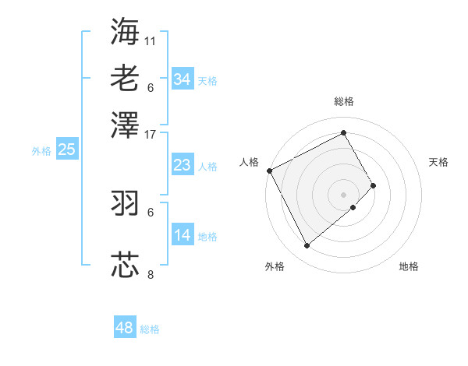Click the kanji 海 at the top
tap(125, 31)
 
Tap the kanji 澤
tap(125, 124)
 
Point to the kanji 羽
tap(125, 202)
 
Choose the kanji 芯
tap(125, 264)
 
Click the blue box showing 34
tap(182, 79)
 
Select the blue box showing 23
tap(182, 165)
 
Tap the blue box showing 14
tap(182, 235)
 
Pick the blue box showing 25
tap(66, 150)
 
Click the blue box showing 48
tap(125, 328)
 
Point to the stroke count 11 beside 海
tap(151, 40)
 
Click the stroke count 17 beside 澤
tap(151, 133)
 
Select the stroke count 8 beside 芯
tap(151, 274)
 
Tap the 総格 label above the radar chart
tap(344, 101)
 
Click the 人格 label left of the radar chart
tap(250, 162)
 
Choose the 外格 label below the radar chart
tap(275, 267)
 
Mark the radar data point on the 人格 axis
tap(269, 171)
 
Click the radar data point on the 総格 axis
tap(344, 132)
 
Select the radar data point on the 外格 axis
tap(307, 246)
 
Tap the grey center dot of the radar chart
tap(344, 194)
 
